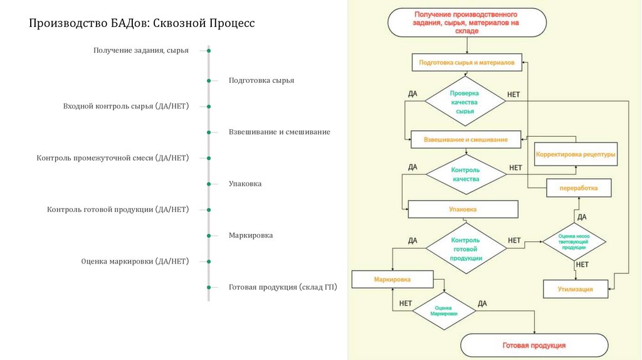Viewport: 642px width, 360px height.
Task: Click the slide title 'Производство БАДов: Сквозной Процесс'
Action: (142, 24)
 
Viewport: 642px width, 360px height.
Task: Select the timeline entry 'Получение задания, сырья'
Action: (141, 50)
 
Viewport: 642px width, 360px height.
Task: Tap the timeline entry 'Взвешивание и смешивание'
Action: (279, 132)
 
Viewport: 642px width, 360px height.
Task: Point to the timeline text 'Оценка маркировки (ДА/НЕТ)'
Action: (135, 262)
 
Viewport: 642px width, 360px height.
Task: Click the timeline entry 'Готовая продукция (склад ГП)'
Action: (283, 287)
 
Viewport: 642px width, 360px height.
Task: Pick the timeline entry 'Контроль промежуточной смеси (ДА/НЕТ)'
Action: (113, 158)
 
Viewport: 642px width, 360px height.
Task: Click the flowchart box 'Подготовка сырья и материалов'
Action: (466, 63)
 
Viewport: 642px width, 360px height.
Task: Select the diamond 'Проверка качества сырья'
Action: (465, 102)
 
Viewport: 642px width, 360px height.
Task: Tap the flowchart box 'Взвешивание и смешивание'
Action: (465, 139)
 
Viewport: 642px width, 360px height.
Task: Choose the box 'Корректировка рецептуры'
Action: (576, 154)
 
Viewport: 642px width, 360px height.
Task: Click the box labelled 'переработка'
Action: (579, 188)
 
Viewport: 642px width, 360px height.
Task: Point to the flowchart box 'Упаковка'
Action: (463, 209)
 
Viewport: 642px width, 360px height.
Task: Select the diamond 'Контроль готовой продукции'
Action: (466, 249)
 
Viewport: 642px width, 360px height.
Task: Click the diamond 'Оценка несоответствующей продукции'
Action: (574, 242)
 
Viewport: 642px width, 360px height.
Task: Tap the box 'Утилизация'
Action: (576, 289)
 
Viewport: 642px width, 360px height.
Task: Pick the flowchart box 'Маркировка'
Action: (392, 279)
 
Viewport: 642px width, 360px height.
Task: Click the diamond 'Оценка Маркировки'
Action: (444, 310)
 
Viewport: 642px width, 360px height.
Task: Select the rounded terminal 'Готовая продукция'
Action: (534, 346)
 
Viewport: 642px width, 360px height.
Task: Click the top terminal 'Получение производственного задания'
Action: (466, 22)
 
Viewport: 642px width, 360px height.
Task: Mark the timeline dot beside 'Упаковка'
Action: (209, 184)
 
